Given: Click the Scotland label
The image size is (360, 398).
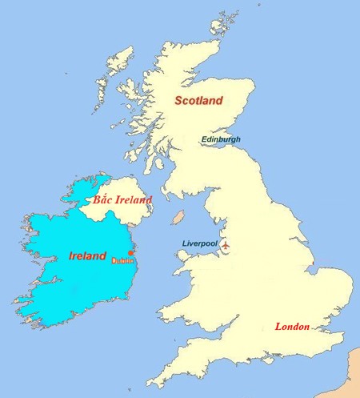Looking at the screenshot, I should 198,101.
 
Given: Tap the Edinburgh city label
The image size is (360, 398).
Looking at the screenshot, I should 220,139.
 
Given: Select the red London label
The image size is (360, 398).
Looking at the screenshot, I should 292,327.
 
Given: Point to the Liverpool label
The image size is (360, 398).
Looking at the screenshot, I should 199,243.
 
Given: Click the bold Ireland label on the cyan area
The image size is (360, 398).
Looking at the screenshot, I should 87,256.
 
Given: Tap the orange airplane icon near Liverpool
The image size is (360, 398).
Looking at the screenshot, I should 227,244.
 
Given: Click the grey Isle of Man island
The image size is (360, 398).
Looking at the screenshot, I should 180,218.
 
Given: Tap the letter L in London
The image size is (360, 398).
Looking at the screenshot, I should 278,327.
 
